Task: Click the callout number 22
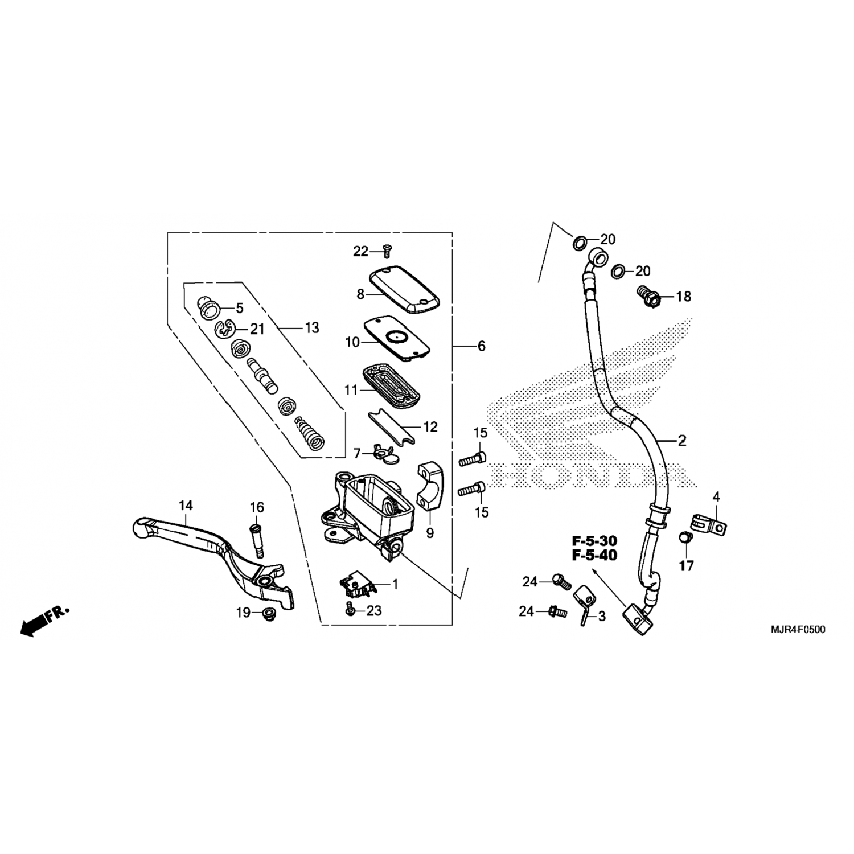click(361, 251)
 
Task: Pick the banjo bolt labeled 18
click(648, 295)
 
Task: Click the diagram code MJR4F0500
click(798, 630)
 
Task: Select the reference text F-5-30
click(594, 540)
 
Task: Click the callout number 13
click(312, 328)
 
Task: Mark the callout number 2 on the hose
click(682, 440)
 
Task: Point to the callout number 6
click(481, 346)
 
